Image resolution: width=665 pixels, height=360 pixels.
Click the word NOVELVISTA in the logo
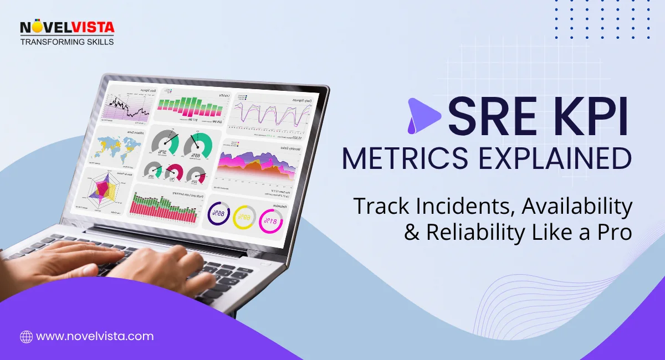[x=67, y=28]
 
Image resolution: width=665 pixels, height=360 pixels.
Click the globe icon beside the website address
[x=26, y=336]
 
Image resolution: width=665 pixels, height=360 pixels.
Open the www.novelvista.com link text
[x=95, y=336]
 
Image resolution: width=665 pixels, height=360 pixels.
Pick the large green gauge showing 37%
[x=166, y=146]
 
